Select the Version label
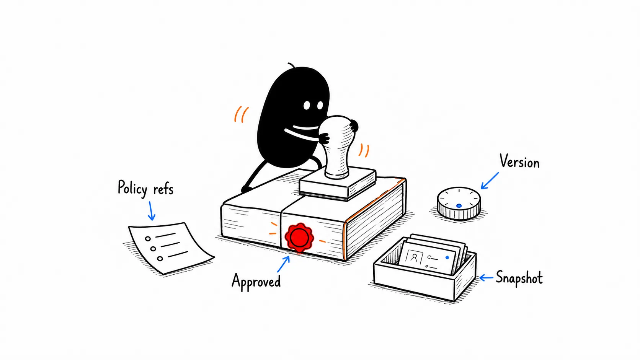[519, 161]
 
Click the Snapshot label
[519, 277]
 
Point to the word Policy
[132, 188]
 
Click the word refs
[163, 189]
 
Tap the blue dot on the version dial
[459, 205]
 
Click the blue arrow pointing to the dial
[490, 181]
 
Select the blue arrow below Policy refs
[151, 211]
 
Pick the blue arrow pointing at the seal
[283, 264]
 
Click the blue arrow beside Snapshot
[486, 277]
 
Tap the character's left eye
[307, 105]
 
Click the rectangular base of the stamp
[338, 184]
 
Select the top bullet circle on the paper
[148, 239]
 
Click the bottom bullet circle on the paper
[160, 259]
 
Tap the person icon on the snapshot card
[414, 258]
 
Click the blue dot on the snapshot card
[447, 257]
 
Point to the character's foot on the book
[246, 189]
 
